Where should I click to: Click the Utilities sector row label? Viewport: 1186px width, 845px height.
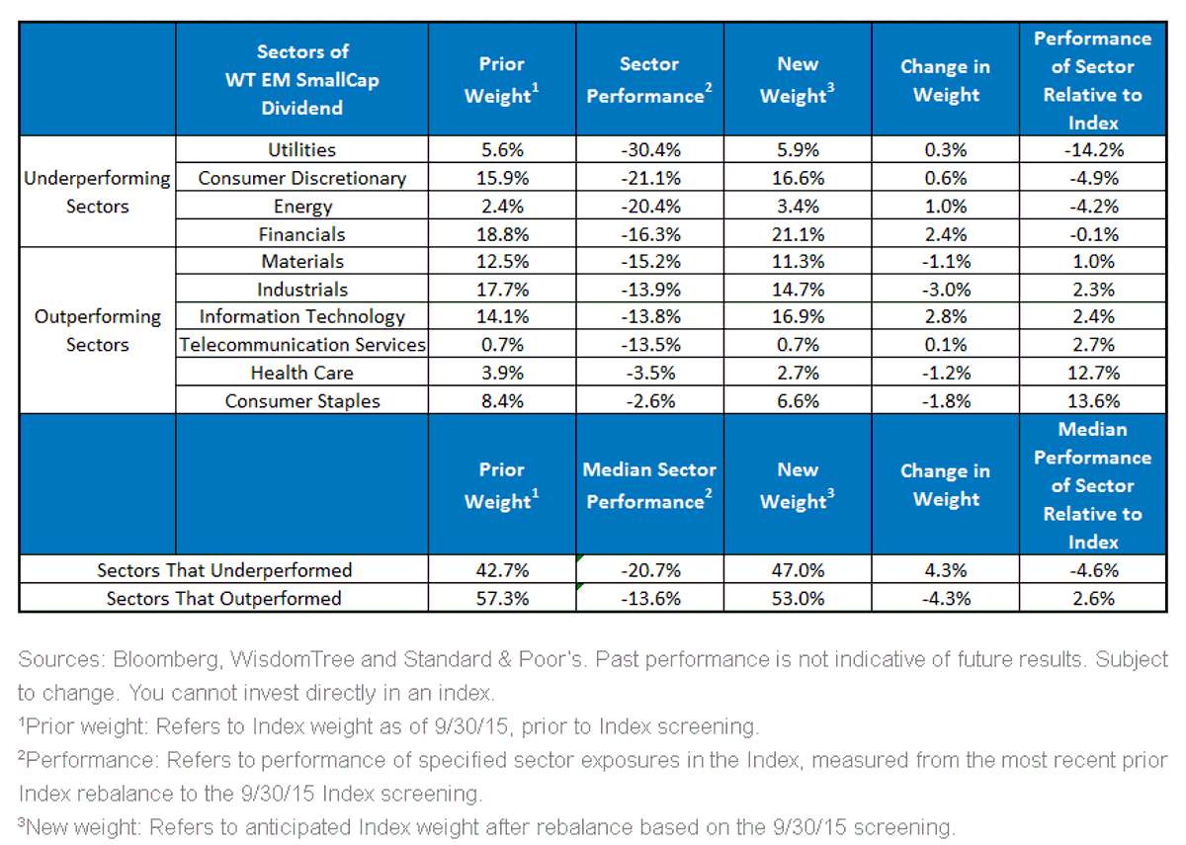pyautogui.click(x=301, y=150)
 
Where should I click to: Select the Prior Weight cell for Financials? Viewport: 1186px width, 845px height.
pyautogui.click(x=502, y=234)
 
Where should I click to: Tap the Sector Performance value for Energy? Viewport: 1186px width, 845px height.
pyautogui.click(x=650, y=206)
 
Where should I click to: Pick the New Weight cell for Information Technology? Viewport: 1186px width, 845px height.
pyautogui.click(x=798, y=316)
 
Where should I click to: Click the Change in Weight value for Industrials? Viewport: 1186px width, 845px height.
pyautogui.click(x=946, y=290)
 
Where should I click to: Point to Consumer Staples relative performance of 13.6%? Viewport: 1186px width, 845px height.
pyautogui.click(x=1093, y=401)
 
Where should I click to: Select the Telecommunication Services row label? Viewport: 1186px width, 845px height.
pyautogui.click(x=302, y=345)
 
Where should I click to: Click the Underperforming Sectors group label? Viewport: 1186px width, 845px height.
pyautogui.click(x=98, y=192)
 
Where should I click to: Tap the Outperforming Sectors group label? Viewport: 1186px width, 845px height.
pyautogui.click(x=98, y=330)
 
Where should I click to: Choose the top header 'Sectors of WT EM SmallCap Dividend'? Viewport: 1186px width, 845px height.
pyautogui.click(x=302, y=79)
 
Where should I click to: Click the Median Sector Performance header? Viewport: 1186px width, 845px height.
pyautogui.click(x=649, y=485)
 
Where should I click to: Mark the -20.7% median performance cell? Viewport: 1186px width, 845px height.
pyautogui.click(x=650, y=570)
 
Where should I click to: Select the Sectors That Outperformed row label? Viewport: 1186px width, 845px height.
pyautogui.click(x=224, y=598)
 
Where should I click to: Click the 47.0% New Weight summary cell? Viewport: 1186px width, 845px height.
pyautogui.click(x=798, y=570)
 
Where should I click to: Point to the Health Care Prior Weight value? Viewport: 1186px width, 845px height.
pyautogui.click(x=502, y=373)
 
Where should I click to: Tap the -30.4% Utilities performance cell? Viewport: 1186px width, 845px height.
pyautogui.click(x=650, y=150)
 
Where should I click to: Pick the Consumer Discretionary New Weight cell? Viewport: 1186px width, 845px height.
pyautogui.click(x=798, y=178)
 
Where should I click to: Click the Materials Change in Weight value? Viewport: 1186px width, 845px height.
pyautogui.click(x=946, y=261)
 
